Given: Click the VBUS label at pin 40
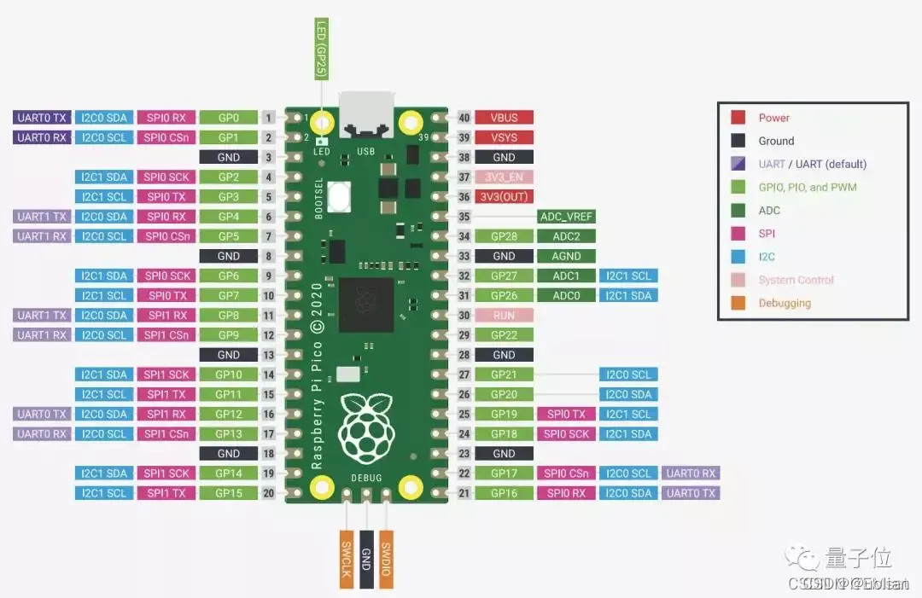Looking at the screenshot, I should pos(504,118).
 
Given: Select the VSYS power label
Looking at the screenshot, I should pos(504,137).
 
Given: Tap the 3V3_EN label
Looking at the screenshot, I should pos(504,177).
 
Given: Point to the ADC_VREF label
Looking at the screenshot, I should pos(566,217).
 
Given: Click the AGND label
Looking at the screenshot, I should pos(566,256).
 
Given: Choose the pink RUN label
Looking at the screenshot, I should pos(504,316).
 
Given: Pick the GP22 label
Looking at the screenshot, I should pos(504,335).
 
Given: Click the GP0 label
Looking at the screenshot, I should pos(228,118).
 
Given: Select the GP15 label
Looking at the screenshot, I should pos(228,493).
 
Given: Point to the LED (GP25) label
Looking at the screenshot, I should pos(322,49).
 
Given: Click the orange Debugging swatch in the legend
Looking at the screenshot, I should pos(738,303).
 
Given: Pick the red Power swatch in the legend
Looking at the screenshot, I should pos(738,118).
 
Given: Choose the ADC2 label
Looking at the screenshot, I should pos(566,236).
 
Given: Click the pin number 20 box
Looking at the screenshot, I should pos(268,493).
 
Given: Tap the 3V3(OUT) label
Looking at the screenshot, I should pos(504,197).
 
